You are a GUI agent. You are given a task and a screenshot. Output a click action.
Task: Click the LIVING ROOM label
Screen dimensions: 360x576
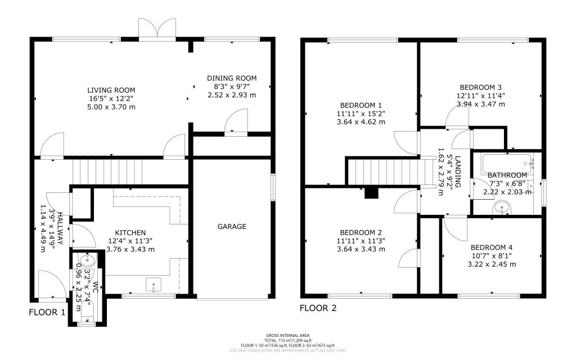click(111, 90)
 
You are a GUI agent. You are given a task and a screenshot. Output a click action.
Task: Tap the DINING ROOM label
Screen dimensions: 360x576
click(232, 78)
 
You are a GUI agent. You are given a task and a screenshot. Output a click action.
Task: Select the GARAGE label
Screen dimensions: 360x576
click(232, 227)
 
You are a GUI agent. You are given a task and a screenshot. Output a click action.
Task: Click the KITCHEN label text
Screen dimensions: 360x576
click(130, 232)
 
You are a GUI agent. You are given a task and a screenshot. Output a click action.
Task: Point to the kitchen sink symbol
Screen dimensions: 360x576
click(154, 286)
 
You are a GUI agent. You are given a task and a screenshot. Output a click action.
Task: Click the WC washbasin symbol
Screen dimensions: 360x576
click(86, 260)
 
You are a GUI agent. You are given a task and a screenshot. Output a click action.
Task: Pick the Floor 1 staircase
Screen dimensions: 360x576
click(107, 170)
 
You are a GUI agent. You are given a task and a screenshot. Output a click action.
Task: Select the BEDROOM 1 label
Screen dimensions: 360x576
click(361, 105)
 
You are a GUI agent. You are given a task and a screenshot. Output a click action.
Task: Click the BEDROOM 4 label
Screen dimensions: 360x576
click(491, 247)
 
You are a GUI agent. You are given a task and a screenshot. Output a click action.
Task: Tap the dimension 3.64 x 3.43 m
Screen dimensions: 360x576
click(361, 249)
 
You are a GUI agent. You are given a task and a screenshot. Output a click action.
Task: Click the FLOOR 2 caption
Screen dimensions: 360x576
click(318, 308)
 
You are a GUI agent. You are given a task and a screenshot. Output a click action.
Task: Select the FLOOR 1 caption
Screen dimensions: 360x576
click(47, 312)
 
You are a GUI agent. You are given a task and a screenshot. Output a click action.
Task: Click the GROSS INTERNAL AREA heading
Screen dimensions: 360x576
click(287, 336)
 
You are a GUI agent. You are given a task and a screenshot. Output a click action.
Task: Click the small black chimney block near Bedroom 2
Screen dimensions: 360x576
click(371, 192)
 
